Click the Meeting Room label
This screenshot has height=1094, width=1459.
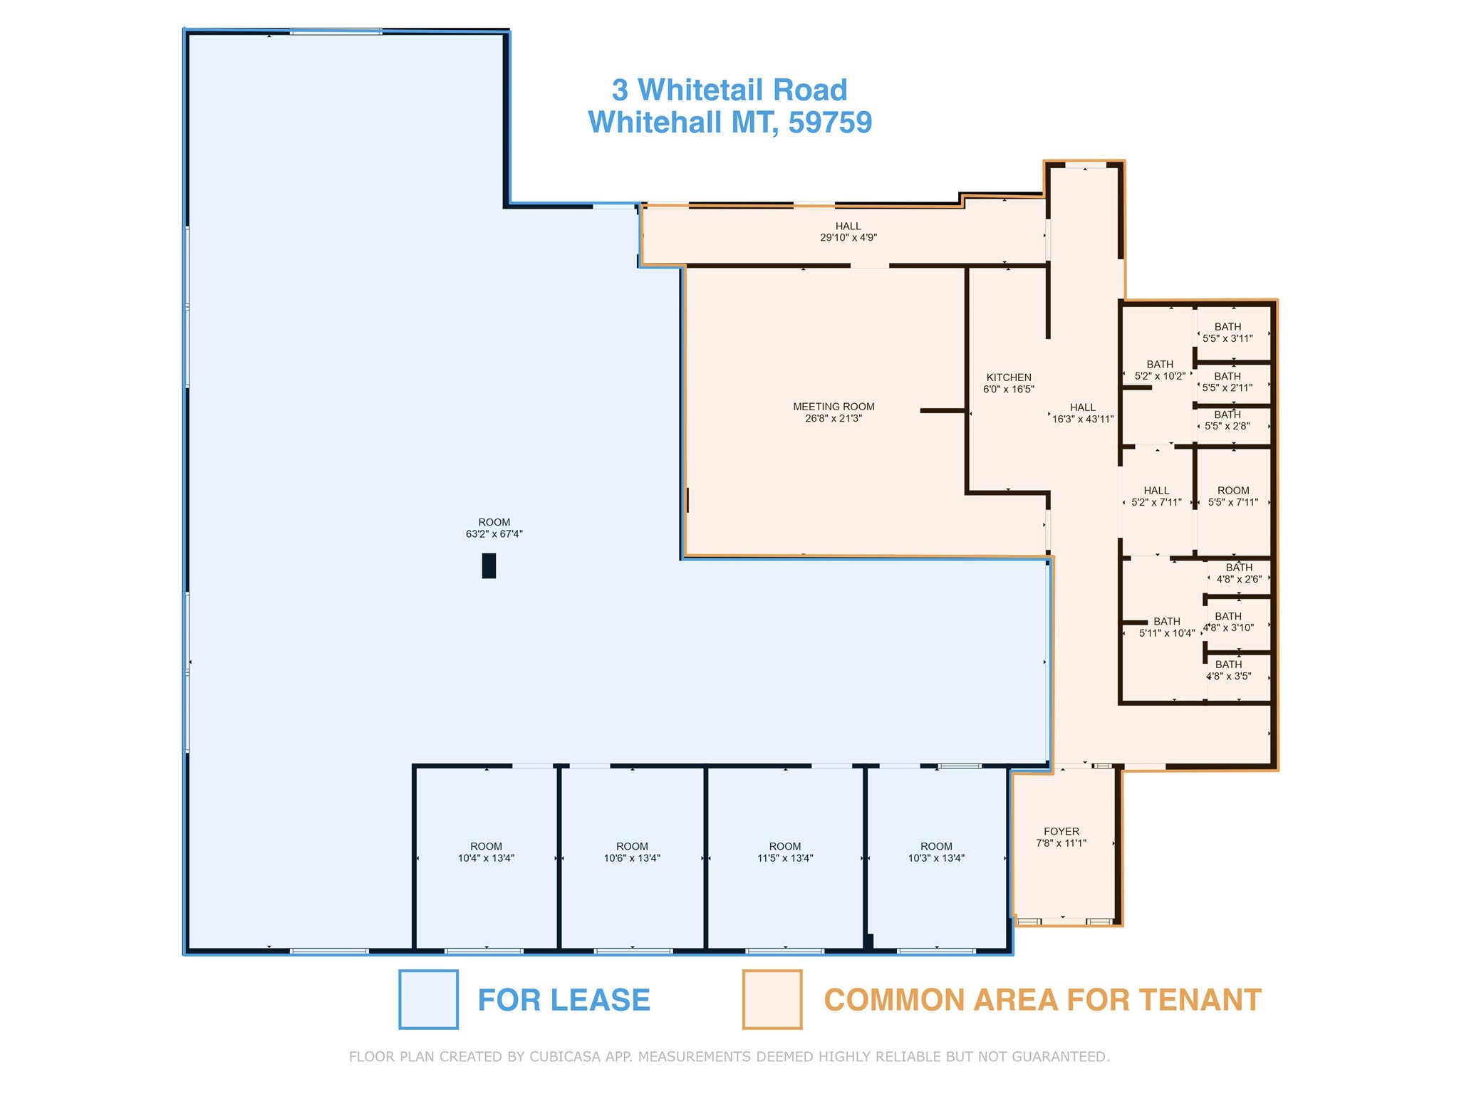[834, 407]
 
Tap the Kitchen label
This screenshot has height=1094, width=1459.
[1008, 377]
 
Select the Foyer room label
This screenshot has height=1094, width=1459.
[1061, 831]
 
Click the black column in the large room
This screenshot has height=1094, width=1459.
[489, 566]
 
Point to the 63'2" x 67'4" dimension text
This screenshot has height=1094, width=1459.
[494, 534]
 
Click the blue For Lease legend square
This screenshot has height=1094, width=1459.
[428, 999]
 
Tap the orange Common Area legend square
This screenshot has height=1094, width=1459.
[772, 999]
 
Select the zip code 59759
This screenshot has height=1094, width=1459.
[830, 123]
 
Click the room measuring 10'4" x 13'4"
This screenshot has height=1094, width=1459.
[486, 853]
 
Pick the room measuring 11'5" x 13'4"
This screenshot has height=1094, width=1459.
[784, 853]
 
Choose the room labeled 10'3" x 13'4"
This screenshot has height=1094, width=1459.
[936, 853]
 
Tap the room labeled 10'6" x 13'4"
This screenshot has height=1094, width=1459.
[632, 853]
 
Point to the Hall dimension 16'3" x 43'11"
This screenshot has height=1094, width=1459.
[1082, 420]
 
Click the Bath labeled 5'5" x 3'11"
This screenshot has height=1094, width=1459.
[1227, 333]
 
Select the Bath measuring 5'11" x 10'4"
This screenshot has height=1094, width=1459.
[1166, 627]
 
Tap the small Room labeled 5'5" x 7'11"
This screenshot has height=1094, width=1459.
[1233, 496]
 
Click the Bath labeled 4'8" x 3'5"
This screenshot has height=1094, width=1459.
[1228, 670]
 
